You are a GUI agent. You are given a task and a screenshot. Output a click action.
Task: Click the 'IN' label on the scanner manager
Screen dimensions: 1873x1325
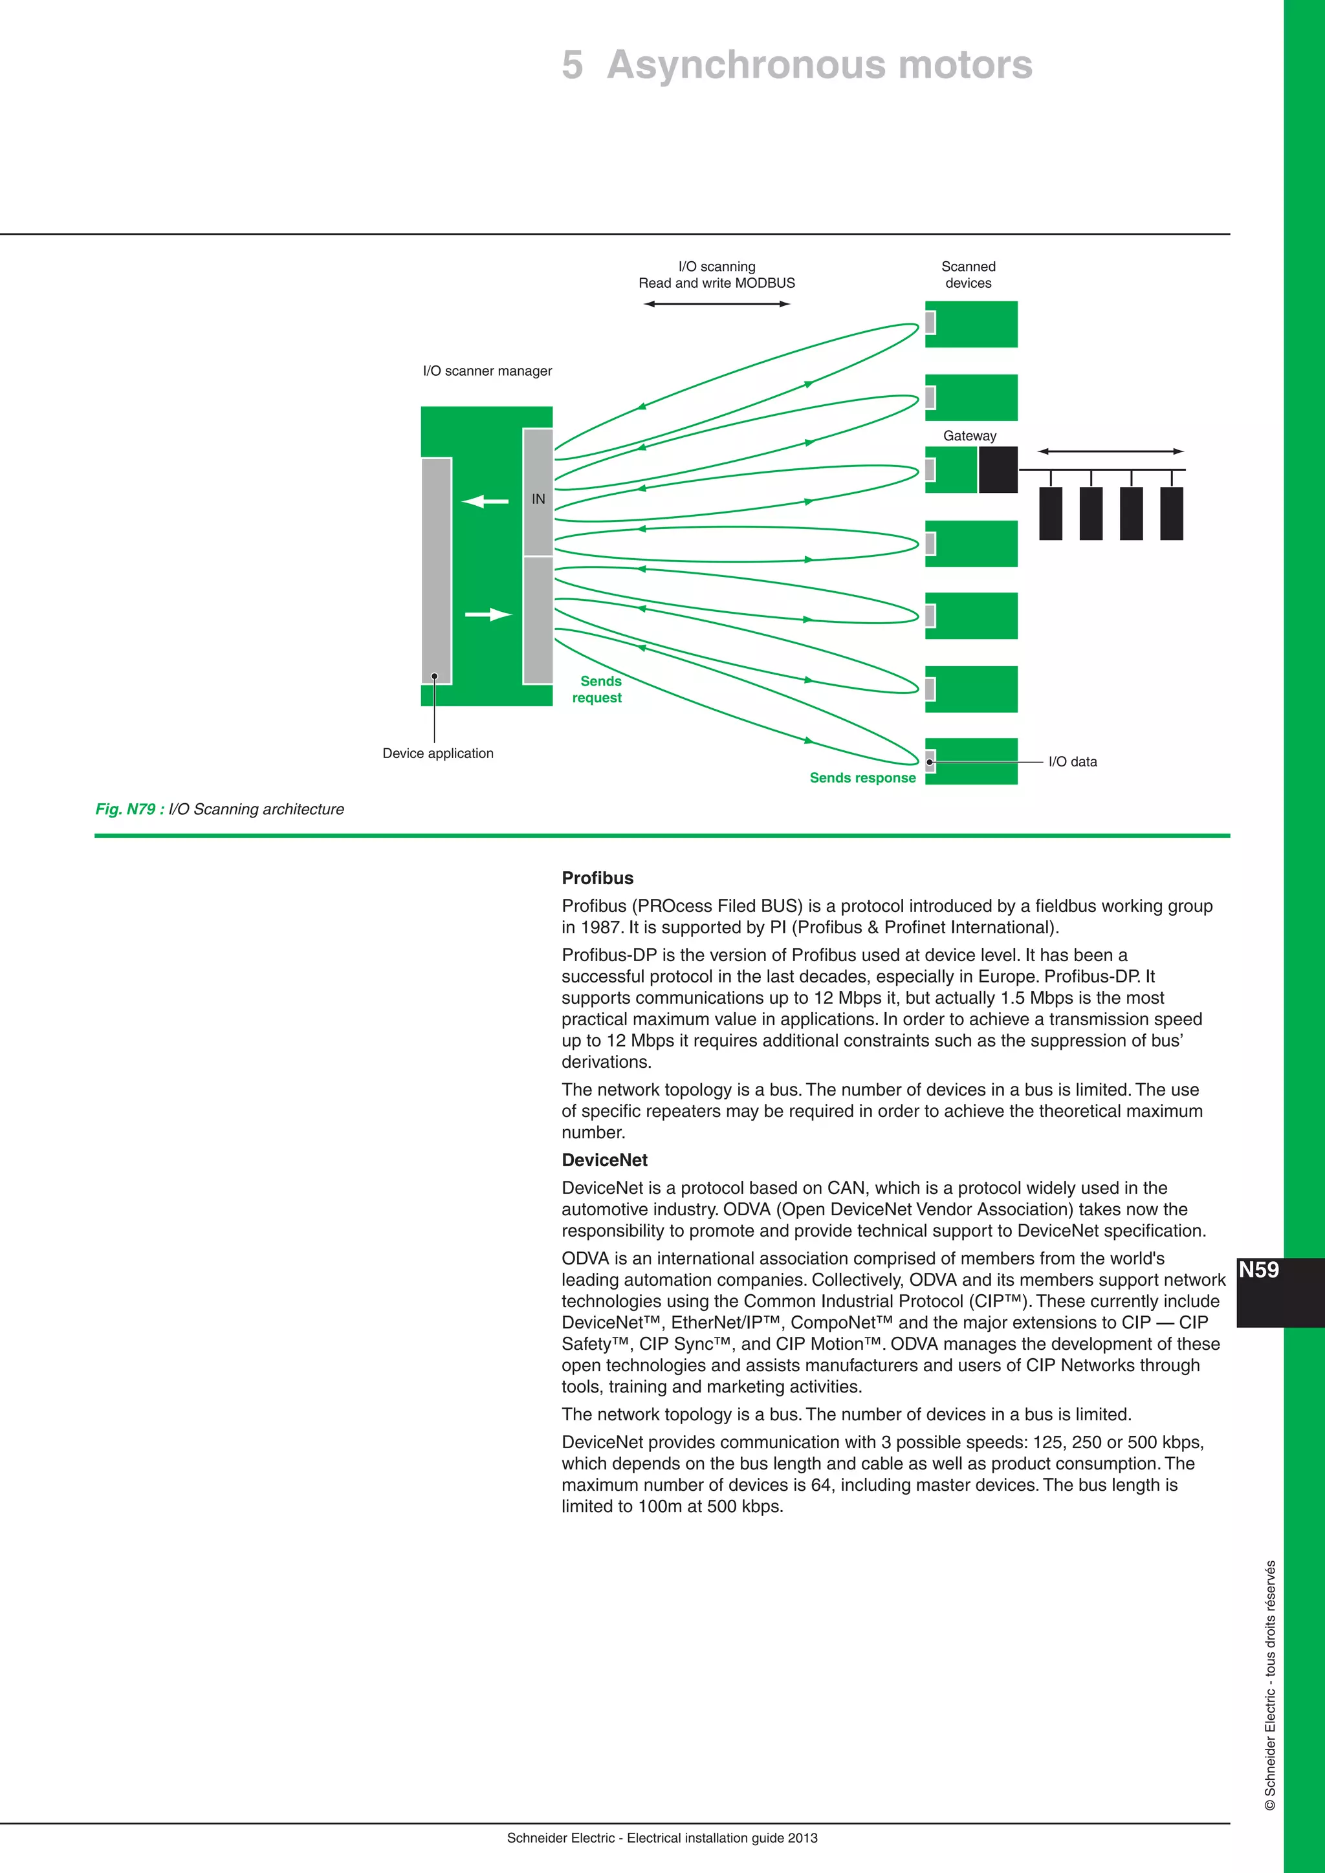click(538, 499)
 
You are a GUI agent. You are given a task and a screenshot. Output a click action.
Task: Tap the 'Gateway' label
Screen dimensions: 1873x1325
click(969, 436)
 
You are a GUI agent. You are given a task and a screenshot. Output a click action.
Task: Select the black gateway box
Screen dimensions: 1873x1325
click(998, 470)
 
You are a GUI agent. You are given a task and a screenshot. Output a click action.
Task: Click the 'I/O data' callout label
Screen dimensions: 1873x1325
click(1072, 762)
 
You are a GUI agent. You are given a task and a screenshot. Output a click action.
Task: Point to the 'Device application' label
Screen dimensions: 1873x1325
click(438, 753)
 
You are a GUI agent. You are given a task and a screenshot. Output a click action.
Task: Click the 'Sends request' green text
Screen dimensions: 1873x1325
click(598, 689)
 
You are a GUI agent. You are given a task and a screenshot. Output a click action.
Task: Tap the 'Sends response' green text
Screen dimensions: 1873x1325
click(862, 777)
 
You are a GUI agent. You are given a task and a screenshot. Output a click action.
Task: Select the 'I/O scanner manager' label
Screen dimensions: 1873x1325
click(487, 371)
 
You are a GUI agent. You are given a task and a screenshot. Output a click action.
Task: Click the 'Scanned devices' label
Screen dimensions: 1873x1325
click(969, 275)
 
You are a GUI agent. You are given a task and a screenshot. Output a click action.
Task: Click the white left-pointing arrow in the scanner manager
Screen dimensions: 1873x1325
click(485, 501)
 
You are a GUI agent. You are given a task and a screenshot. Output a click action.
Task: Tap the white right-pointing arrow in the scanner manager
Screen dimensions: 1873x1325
click(488, 614)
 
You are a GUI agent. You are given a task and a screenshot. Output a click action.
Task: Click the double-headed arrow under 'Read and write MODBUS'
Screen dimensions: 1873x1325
click(716, 304)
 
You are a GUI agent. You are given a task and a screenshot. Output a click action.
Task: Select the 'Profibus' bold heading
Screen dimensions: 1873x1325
click(597, 878)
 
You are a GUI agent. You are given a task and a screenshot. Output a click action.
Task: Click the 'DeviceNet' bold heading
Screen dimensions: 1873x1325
click(604, 1160)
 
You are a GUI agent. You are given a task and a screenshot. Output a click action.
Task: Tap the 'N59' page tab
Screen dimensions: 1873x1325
click(1259, 1270)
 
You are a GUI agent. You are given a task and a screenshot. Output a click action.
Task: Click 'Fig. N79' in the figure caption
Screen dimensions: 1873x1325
click(125, 809)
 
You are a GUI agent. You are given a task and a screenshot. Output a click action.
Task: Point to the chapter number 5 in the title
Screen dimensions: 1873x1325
click(573, 65)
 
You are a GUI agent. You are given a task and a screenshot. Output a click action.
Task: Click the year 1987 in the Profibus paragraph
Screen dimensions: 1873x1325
click(600, 927)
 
